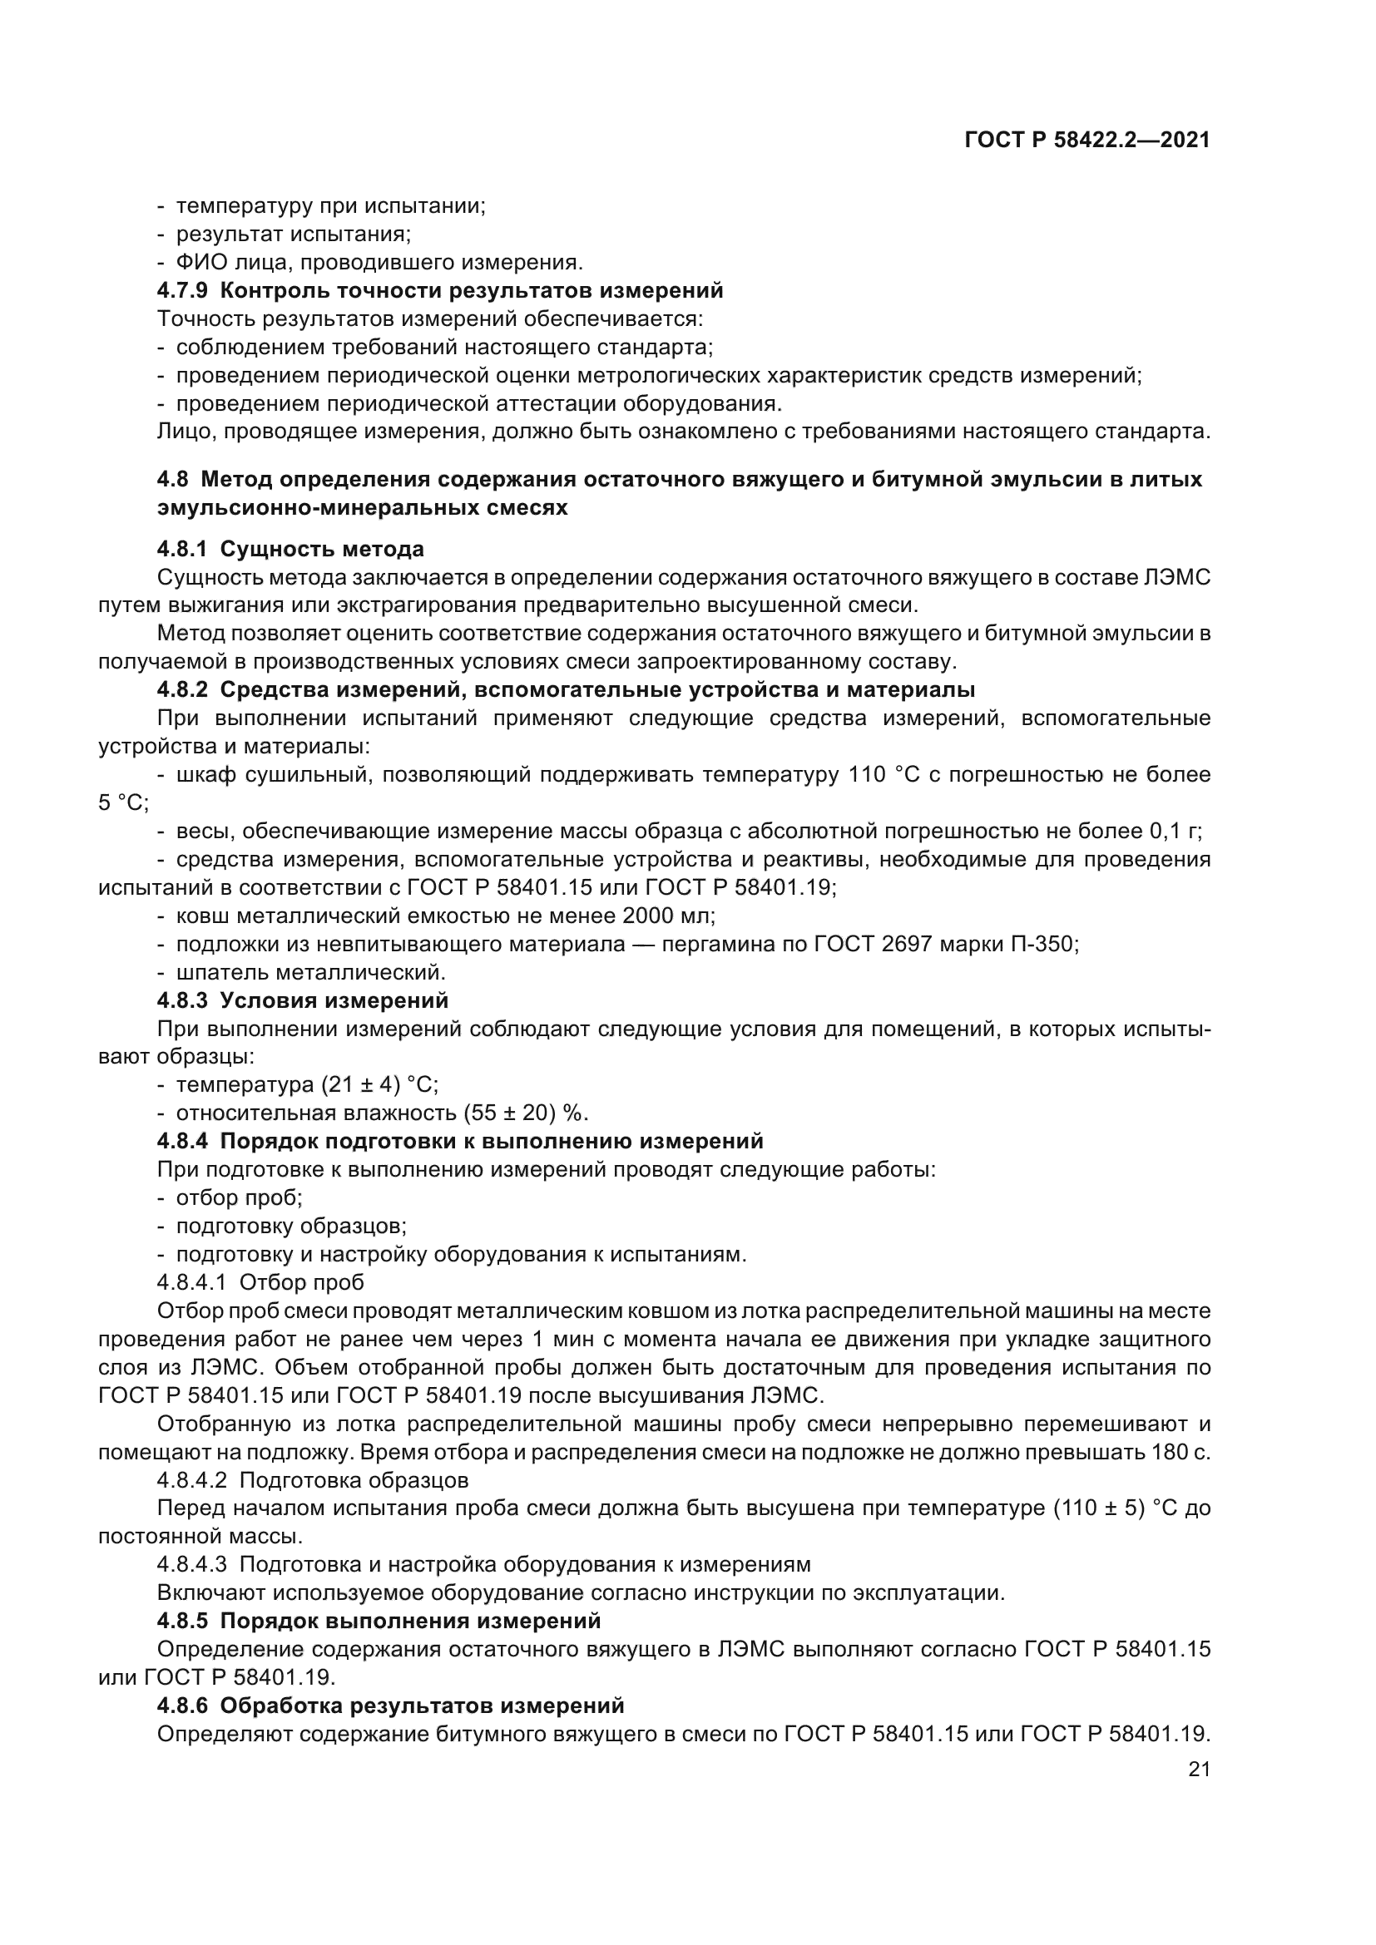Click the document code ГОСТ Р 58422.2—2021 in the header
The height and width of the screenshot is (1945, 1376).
click(x=1087, y=141)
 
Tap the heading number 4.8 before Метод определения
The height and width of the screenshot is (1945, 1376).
click(x=173, y=480)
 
